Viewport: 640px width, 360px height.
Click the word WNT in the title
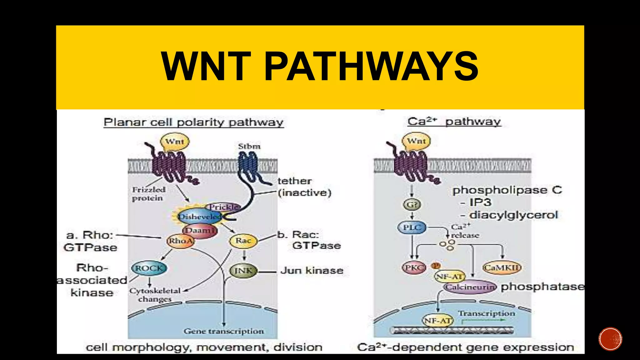point(206,66)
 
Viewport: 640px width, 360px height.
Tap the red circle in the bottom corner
point(610,339)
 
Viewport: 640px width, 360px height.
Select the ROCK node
point(149,268)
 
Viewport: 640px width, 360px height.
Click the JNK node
point(243,271)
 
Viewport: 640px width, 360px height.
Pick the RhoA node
point(180,241)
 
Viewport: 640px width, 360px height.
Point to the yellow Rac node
point(243,241)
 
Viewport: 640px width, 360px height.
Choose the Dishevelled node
point(199,217)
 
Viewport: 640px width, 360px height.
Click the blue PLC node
point(412,227)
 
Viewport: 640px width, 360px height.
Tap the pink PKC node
point(413,268)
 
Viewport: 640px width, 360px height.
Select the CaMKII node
point(502,268)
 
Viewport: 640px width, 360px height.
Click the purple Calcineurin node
point(470,287)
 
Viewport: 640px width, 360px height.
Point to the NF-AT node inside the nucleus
point(437,321)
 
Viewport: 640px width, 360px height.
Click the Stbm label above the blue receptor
point(249,146)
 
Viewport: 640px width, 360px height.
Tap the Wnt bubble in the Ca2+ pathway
point(416,141)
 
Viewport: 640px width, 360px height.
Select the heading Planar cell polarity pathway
point(193,122)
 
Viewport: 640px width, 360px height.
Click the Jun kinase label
point(312,270)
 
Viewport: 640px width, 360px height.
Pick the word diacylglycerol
point(513,215)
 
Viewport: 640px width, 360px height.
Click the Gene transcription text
point(224,331)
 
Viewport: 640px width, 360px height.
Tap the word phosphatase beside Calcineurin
point(542,287)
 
